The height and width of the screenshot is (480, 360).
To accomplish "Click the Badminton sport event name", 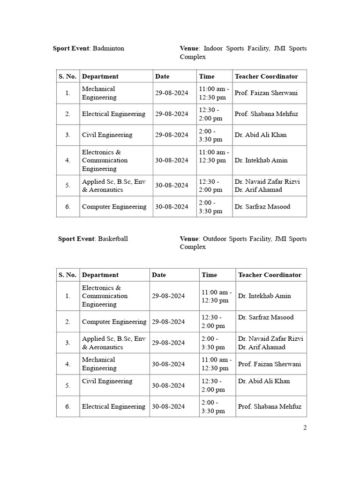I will (x=109, y=48).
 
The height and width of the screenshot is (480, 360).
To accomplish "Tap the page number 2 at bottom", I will (x=305, y=427).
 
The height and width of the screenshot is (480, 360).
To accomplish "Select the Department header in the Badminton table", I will (x=100, y=76).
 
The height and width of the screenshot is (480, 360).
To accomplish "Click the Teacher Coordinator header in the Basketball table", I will (x=270, y=275).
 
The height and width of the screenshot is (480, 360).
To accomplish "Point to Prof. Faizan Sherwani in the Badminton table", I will (x=266, y=93).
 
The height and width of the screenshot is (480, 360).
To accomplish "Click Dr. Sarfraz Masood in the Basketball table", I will (x=266, y=317).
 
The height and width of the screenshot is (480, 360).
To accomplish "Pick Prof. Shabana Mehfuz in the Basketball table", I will (x=270, y=406).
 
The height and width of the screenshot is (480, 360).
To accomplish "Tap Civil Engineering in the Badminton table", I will (x=107, y=135).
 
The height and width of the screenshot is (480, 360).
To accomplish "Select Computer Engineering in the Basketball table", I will (x=114, y=322).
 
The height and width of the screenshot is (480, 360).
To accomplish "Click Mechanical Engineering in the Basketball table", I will (x=99, y=364).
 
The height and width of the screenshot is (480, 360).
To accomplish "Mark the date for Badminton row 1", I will (x=172, y=93).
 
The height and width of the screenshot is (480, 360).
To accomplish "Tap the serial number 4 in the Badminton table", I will (x=68, y=160).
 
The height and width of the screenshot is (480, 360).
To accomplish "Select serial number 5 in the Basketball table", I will (x=68, y=385).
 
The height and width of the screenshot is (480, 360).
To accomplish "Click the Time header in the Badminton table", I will (x=207, y=76).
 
